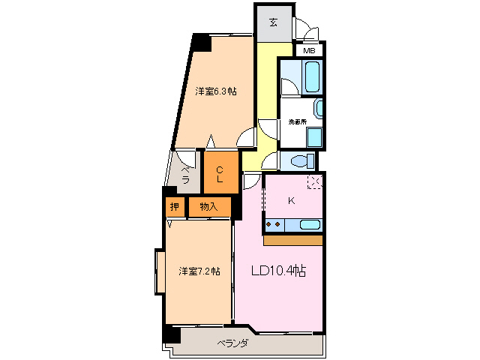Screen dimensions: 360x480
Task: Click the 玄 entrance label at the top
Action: pos(273,22)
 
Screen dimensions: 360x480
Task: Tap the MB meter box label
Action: pos(309,51)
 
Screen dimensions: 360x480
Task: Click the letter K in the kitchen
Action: pos(292,200)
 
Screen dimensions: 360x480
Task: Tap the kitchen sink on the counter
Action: pos(310,223)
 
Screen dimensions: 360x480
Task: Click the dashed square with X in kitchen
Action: pos(315,181)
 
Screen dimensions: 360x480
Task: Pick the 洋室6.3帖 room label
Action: pos(216,91)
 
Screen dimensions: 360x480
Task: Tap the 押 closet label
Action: pos(174,207)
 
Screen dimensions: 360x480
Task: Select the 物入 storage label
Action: pos(209,207)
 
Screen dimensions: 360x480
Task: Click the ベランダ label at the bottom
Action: pos(234,344)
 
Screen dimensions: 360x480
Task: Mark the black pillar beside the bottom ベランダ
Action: pos(172,334)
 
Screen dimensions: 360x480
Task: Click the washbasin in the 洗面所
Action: pos(319,109)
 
